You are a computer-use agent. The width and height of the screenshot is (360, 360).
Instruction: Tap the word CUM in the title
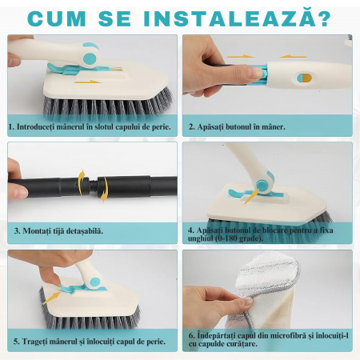coord(57,18)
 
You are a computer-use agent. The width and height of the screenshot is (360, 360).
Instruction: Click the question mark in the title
coord(323,18)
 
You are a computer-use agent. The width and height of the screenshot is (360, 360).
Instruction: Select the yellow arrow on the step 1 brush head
coord(88,82)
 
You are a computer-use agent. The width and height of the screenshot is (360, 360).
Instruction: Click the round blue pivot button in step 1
coord(90,58)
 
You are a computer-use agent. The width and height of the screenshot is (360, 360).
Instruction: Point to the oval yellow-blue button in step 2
coord(304,78)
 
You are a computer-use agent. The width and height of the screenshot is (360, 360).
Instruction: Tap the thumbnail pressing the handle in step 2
coord(254,71)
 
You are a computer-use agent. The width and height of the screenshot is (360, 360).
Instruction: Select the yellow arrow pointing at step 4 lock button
coord(251,197)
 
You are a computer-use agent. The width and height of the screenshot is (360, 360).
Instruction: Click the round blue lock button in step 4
coord(262,186)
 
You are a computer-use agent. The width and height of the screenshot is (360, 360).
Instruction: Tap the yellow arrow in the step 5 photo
coord(51,298)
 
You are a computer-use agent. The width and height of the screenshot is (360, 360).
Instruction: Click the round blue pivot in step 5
coord(95,282)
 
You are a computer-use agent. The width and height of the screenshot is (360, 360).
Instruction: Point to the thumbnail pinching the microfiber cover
coord(247,301)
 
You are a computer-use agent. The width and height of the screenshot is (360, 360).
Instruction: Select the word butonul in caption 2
coord(238,126)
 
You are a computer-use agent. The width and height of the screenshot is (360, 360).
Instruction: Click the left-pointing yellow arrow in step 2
coord(293,57)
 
